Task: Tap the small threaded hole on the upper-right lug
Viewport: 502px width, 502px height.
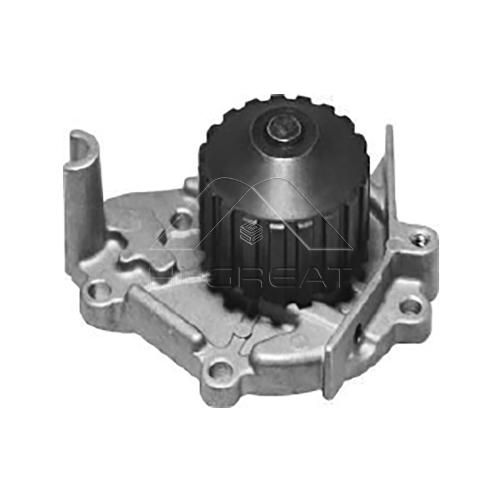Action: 419,239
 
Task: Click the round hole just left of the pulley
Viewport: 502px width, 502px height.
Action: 182,221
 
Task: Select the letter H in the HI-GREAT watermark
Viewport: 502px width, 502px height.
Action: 161,277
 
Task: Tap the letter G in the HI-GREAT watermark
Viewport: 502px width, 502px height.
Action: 221,277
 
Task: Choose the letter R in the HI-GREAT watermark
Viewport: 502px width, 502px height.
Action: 252,277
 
